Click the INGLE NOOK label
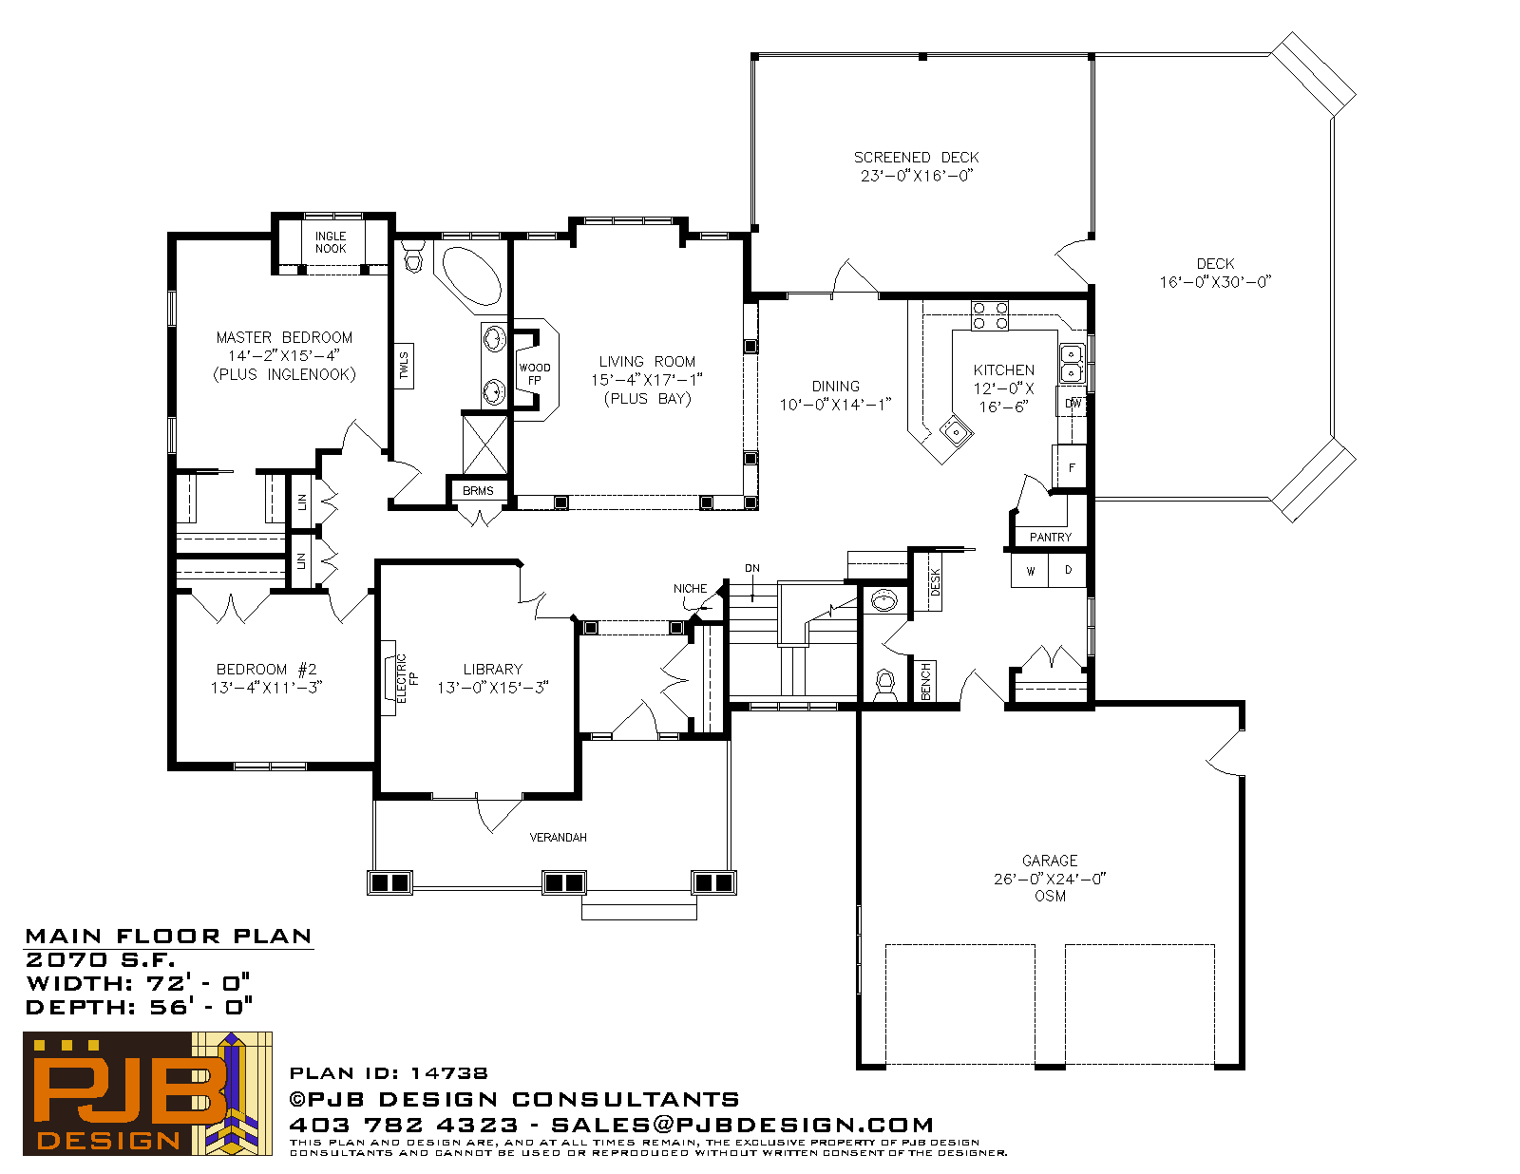click(331, 242)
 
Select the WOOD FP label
click(535, 374)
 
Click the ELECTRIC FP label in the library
click(408, 678)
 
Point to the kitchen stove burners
click(990, 315)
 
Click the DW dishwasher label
click(1073, 404)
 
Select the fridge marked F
click(1070, 466)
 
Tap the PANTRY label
click(1050, 537)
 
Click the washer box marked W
click(1030, 571)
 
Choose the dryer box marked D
click(1068, 571)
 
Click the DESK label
click(935, 581)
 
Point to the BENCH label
click(925, 681)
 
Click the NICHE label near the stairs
click(690, 589)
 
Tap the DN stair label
click(752, 568)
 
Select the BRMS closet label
click(478, 491)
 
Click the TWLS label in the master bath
click(404, 366)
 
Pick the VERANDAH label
click(559, 837)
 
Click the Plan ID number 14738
click(448, 1072)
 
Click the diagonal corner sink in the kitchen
click(955, 432)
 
